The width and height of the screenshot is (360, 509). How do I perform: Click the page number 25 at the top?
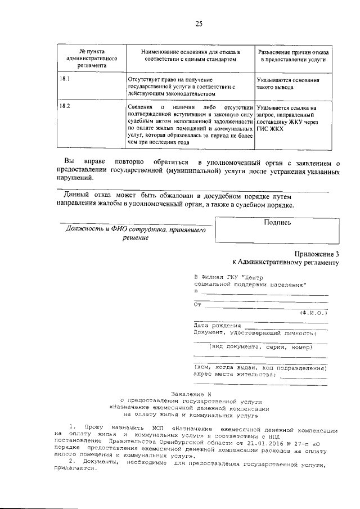(x=198, y=23)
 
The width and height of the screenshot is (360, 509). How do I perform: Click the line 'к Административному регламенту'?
(x=286, y=262)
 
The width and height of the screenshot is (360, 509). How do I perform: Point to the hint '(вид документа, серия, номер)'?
(x=260, y=347)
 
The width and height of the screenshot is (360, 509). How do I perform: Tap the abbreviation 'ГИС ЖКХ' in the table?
(x=269, y=129)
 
